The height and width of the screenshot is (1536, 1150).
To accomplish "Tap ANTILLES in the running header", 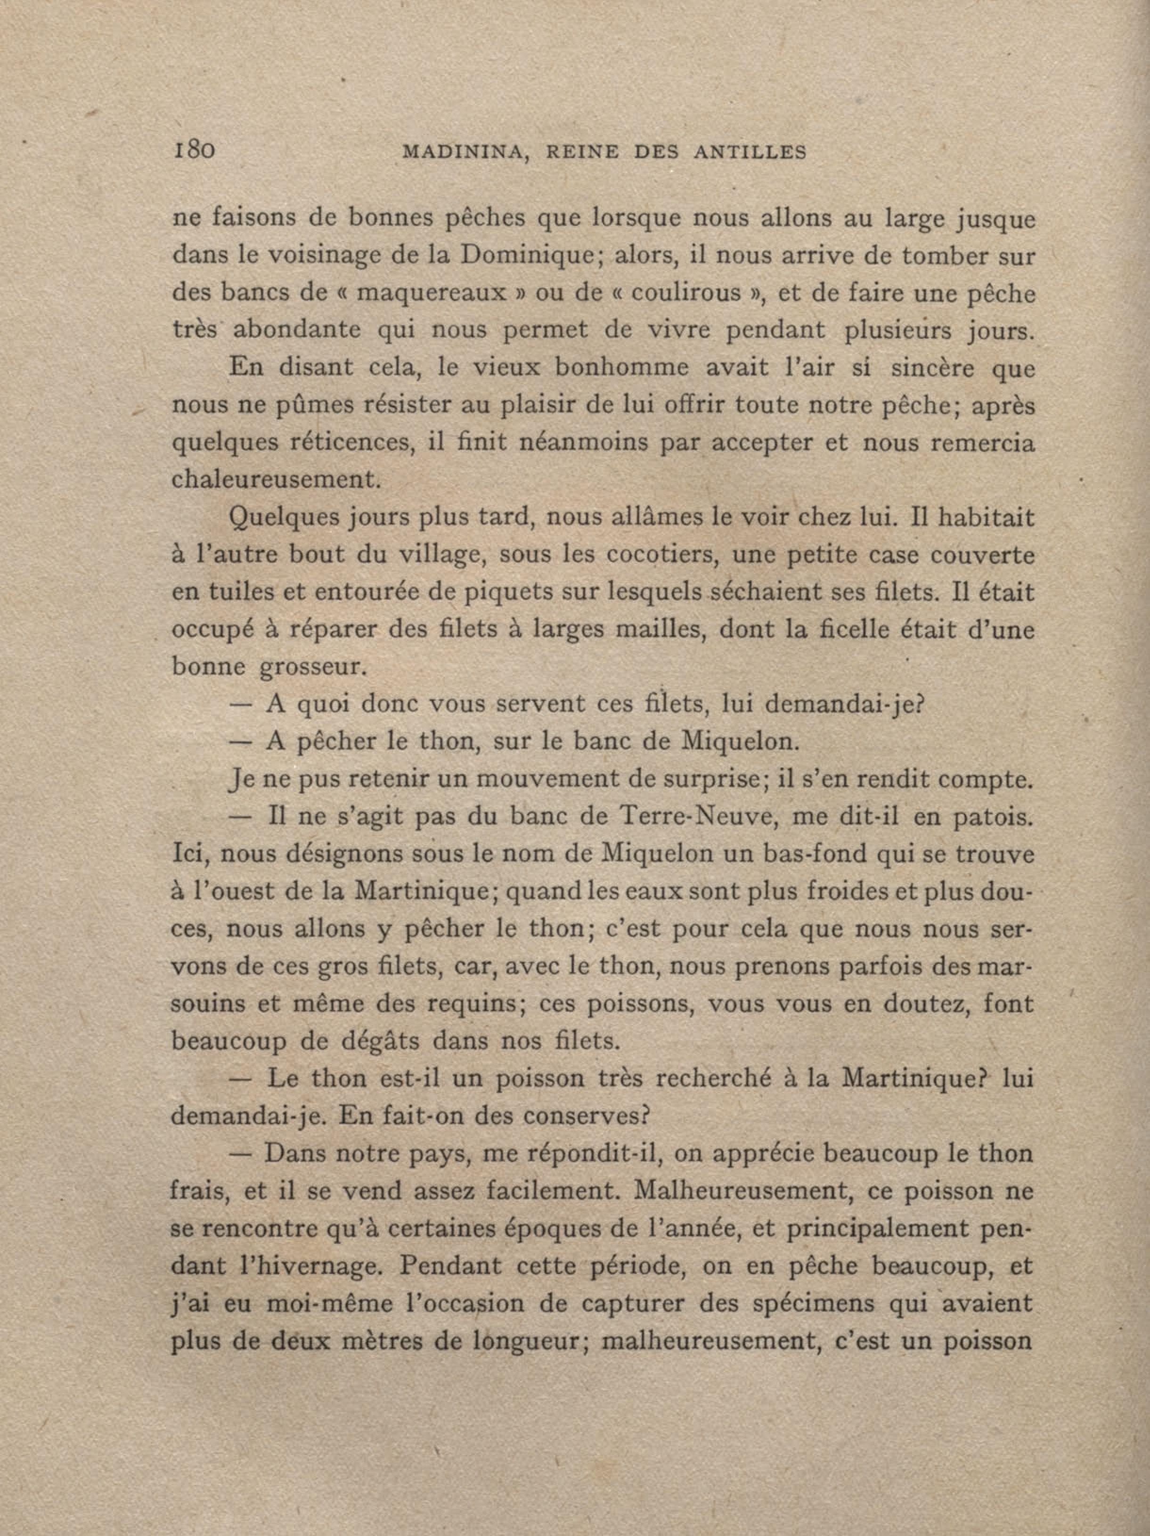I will pyautogui.click(x=750, y=153).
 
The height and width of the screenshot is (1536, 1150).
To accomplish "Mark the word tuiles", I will pyautogui.click(x=222, y=593).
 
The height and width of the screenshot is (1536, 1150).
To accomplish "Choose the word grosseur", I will pyautogui.click(x=311, y=668).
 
